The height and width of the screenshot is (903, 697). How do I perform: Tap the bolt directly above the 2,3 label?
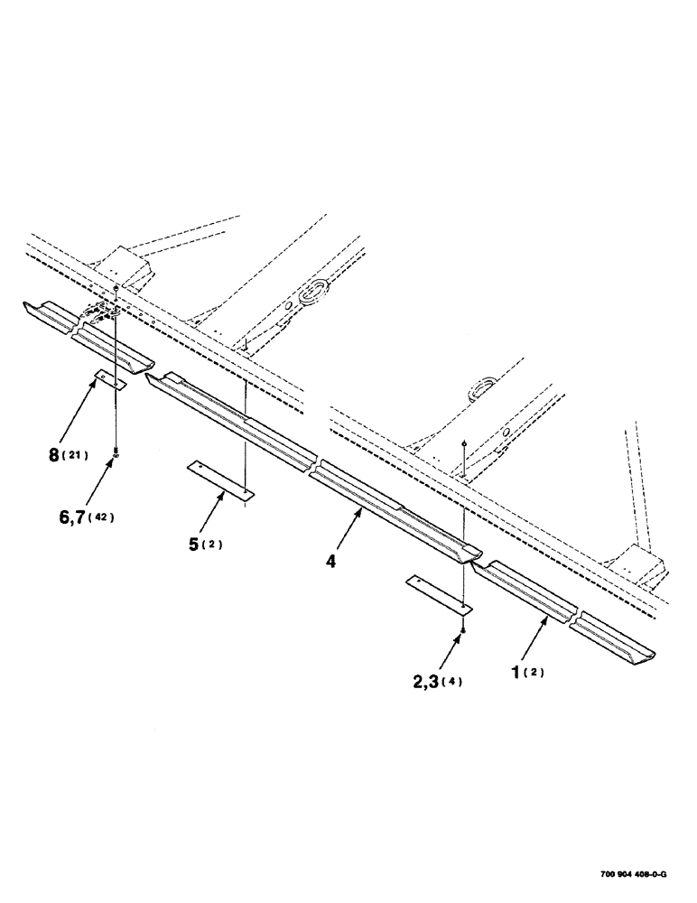pyautogui.click(x=462, y=628)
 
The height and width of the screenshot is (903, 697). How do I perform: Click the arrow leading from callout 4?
pyautogui.click(x=348, y=534)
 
